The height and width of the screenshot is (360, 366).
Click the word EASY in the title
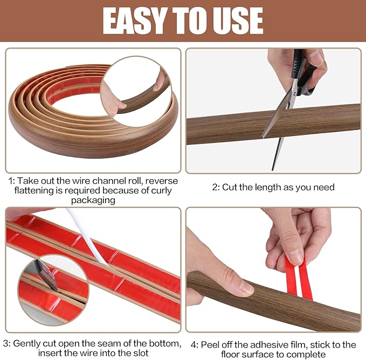(x=135, y=21)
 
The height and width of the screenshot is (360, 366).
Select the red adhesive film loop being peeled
(x=298, y=278)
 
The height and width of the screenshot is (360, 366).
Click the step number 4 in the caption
(x=193, y=344)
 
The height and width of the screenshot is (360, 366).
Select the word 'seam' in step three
(x=119, y=343)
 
